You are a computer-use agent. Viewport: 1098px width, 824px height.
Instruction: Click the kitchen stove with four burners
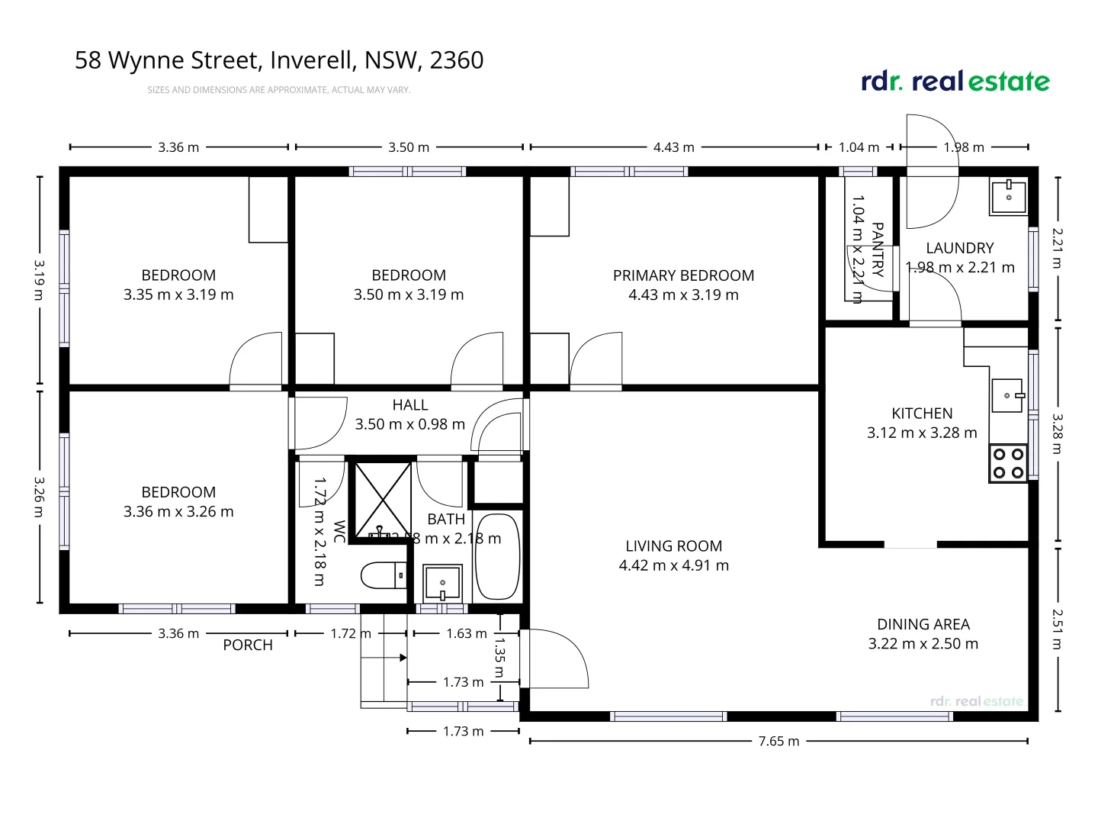1008,463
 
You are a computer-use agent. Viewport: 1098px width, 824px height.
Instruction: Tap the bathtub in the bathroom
497,558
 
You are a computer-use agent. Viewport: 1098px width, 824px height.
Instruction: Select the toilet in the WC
384,575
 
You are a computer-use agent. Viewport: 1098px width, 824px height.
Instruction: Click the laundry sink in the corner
1009,196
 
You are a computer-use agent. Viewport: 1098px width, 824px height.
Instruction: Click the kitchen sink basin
1006,396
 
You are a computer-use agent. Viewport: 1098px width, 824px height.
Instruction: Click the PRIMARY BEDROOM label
683,275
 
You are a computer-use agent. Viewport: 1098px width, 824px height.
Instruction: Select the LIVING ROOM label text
673,546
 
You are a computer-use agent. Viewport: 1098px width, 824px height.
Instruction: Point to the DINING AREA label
923,624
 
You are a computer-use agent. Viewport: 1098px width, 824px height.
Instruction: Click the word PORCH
248,645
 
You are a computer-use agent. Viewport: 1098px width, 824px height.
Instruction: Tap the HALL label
410,405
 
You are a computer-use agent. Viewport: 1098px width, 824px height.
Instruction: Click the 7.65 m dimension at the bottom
779,741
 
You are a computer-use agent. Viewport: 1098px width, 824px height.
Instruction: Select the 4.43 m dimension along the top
673,147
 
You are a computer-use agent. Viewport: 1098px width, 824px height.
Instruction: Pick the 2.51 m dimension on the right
1058,629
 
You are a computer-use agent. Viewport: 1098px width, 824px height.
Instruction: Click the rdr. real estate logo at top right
955,81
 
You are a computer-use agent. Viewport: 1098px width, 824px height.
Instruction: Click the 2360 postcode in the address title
456,60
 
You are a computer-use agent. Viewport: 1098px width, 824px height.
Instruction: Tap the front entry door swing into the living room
557,658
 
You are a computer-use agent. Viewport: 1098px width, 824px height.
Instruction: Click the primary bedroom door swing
595,360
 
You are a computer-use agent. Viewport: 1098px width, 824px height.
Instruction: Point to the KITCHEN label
922,414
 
